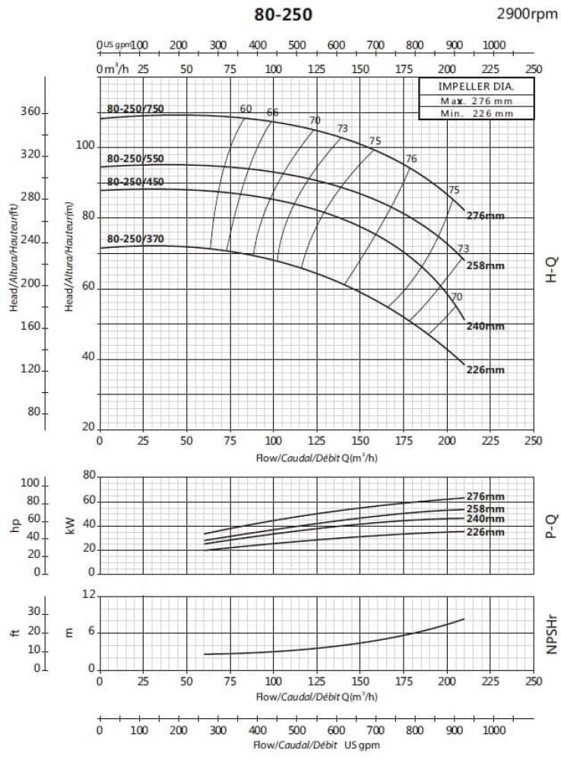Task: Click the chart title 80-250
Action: tap(283, 15)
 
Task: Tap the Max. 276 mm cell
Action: tap(477, 100)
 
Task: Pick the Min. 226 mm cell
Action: tap(477, 113)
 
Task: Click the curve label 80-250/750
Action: tap(135, 108)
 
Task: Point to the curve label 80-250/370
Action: tap(135, 239)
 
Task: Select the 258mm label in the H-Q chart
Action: tap(485, 265)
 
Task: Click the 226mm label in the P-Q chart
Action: tap(485, 532)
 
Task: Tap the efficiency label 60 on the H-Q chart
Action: tap(246, 109)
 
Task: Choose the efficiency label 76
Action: tap(411, 159)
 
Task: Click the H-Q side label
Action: tap(551, 271)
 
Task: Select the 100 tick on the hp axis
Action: tap(31, 483)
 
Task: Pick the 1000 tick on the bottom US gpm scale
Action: tap(493, 730)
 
